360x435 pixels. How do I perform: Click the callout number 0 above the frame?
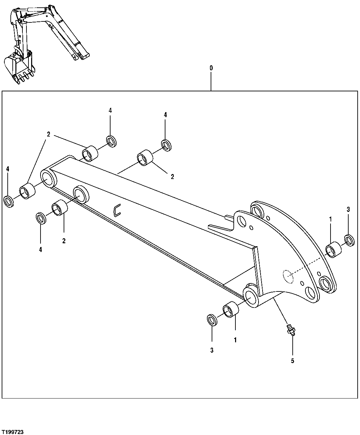211,68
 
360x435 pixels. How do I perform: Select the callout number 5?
292,361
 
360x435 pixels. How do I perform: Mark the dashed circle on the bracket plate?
288,276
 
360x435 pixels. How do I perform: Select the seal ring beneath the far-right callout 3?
350,240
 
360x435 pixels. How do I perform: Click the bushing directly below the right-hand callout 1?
333,250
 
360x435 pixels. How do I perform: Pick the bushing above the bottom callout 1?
231,309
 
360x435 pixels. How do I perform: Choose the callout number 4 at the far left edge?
7,169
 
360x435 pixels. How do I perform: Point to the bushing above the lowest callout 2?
60,208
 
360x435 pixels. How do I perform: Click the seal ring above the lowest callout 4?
41,218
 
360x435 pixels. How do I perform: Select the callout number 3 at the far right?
348,209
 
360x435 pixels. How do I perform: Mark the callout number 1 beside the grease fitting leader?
235,340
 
